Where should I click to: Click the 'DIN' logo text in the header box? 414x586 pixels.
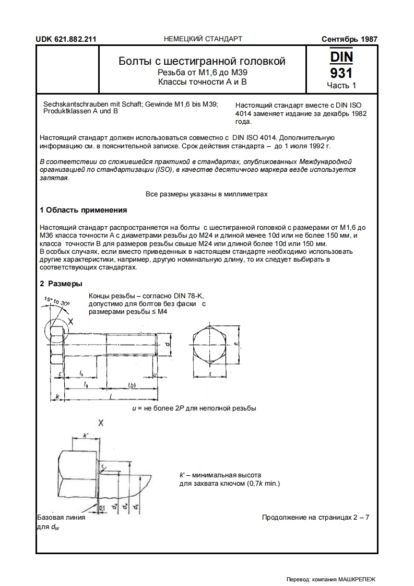(341, 56)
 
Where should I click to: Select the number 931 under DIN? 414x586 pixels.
(341, 72)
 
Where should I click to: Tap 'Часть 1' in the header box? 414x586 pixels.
(341, 85)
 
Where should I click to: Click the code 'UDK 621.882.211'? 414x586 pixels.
(66, 39)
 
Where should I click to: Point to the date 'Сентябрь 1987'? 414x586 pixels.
(349, 39)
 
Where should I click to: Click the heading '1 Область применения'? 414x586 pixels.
(84, 210)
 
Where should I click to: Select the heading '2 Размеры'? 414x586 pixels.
(61, 284)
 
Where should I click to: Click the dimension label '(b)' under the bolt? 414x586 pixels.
(132, 385)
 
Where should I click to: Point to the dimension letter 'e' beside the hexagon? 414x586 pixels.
(236, 344)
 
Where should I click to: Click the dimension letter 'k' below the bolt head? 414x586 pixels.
(56, 397)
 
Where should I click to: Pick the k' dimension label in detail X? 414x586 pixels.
(86, 435)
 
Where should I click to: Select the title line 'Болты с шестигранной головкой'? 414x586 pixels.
(202, 62)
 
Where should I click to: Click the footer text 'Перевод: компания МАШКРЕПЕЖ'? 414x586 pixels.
(331, 579)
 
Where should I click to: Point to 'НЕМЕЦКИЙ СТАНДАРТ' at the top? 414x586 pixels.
(203, 39)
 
